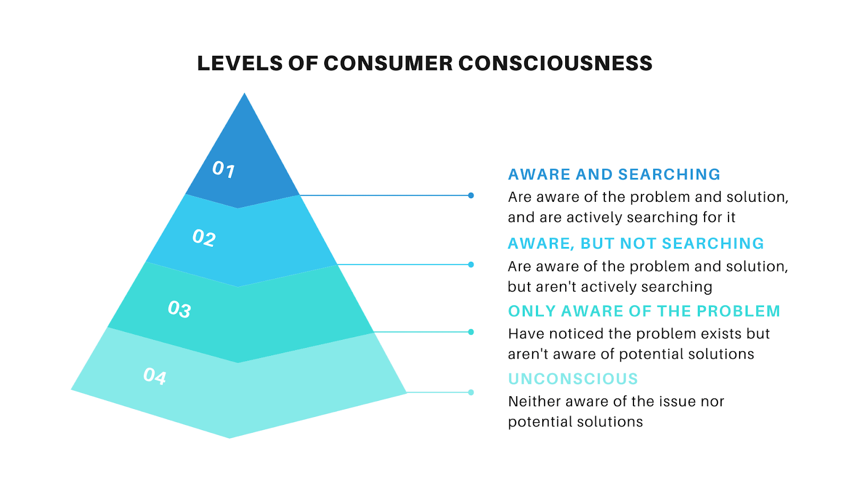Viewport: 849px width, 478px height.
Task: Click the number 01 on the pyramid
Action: pos(223,169)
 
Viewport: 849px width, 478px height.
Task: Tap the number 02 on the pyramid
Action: pos(204,238)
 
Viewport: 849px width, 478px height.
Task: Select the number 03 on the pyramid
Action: pos(179,309)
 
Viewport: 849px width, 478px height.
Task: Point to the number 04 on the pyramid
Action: pos(155,377)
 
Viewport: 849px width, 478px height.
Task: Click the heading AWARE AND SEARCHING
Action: pos(614,175)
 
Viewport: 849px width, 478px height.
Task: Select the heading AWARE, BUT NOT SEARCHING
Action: pos(636,244)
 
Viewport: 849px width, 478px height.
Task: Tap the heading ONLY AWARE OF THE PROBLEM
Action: pos(644,311)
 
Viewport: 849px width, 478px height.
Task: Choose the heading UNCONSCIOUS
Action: pos(573,379)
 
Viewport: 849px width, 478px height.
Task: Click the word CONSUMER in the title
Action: pos(388,63)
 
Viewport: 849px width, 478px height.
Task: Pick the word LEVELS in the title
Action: pos(240,63)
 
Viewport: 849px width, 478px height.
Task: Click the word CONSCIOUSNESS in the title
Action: pos(555,63)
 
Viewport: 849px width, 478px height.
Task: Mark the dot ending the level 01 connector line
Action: pos(471,195)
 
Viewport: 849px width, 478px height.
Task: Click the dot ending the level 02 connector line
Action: pos(471,264)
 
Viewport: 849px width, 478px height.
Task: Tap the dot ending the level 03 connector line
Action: pos(471,332)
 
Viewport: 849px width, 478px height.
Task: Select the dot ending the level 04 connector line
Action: pos(471,392)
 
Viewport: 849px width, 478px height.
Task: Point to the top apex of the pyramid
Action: pos(245,93)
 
